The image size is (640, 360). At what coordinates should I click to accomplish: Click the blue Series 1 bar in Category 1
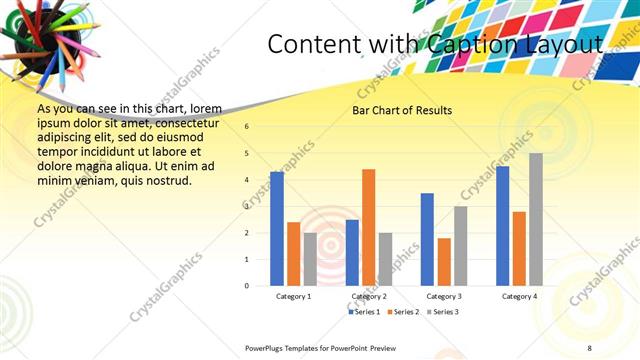click(x=277, y=229)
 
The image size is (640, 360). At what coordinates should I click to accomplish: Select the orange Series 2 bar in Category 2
click(x=368, y=227)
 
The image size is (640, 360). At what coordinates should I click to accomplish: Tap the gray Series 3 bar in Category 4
click(x=536, y=219)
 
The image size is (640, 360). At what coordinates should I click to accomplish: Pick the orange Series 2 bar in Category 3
click(x=443, y=262)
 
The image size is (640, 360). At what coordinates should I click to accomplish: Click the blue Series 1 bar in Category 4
click(x=503, y=226)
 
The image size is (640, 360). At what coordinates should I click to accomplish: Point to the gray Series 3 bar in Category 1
click(x=310, y=259)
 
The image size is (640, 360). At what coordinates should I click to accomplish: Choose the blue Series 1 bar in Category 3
click(x=427, y=239)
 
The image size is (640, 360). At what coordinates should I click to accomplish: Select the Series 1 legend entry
click(x=364, y=312)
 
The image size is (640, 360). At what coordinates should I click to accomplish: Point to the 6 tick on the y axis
click(x=247, y=126)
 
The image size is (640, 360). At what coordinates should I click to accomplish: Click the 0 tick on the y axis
click(x=247, y=286)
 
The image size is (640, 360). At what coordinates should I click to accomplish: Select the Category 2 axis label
click(x=369, y=297)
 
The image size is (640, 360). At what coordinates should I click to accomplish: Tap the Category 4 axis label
click(x=519, y=297)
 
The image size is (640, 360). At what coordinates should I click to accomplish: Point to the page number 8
click(x=590, y=347)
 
